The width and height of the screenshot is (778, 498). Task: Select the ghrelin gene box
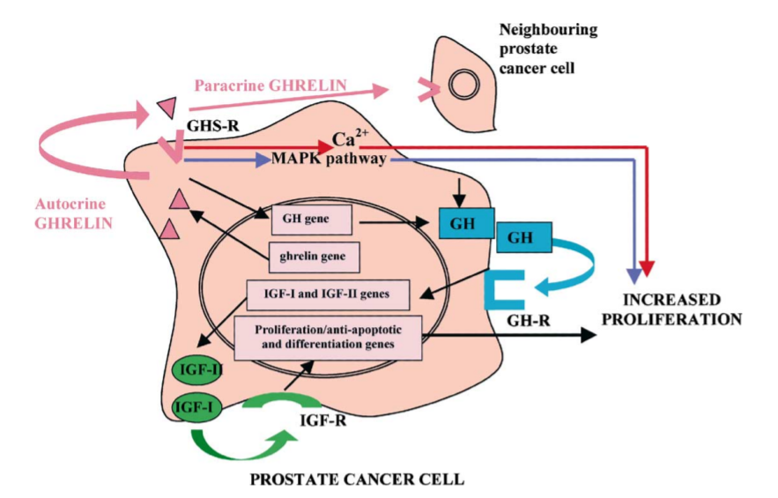(315, 258)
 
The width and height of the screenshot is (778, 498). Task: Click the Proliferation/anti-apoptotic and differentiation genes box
(327, 336)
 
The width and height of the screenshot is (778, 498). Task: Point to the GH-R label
(527, 321)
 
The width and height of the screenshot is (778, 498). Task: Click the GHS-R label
(209, 125)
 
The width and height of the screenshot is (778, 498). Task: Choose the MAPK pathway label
(330, 160)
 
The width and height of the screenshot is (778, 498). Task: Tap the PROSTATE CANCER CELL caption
(357, 479)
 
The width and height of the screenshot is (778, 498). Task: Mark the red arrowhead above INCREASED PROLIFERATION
(648, 267)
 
